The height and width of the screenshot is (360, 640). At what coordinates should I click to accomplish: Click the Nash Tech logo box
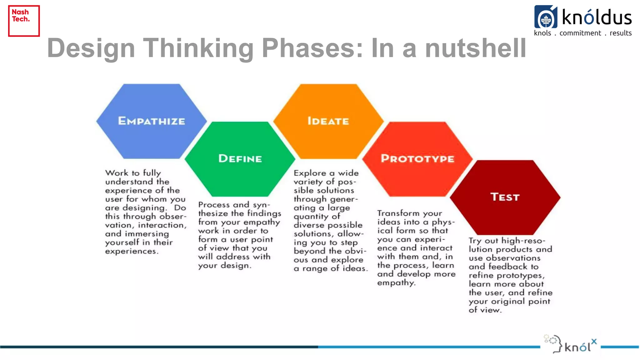pyautogui.click(x=24, y=21)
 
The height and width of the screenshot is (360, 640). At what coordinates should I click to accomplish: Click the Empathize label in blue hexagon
pyautogui.click(x=152, y=121)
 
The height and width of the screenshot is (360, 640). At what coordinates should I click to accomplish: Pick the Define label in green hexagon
pyautogui.click(x=240, y=158)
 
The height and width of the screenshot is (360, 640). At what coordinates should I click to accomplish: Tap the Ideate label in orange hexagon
pyautogui.click(x=328, y=121)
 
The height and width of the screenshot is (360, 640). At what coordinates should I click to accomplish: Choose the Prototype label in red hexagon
pyautogui.click(x=417, y=158)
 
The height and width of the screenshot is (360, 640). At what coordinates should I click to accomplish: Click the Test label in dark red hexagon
pyautogui.click(x=505, y=197)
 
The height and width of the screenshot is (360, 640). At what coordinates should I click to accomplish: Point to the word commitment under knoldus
pyautogui.click(x=580, y=33)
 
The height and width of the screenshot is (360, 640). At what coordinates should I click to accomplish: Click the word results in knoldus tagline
pyautogui.click(x=621, y=33)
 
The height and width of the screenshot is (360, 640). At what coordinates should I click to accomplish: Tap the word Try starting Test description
pyautogui.click(x=475, y=241)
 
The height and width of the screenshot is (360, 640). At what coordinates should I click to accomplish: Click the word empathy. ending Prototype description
pyautogui.click(x=396, y=283)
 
